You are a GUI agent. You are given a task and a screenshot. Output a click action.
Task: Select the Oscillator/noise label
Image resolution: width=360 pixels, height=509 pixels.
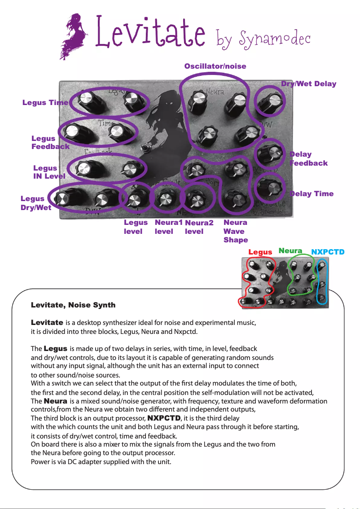click(215, 66)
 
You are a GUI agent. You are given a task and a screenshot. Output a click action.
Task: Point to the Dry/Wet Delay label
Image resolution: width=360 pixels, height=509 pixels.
click(308, 83)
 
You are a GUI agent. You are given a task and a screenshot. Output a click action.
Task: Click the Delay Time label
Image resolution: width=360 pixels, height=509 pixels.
click(312, 193)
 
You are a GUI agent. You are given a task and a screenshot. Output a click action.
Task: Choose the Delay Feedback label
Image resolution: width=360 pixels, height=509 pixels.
click(308, 159)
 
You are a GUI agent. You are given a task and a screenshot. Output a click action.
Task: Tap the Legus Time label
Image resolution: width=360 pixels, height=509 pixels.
click(45, 103)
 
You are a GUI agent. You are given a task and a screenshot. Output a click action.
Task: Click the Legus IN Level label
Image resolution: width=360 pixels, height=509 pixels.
click(49, 172)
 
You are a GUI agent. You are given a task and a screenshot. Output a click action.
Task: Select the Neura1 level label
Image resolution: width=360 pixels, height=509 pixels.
click(168, 227)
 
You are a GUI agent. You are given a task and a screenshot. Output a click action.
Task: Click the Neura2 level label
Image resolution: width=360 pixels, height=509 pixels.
click(198, 227)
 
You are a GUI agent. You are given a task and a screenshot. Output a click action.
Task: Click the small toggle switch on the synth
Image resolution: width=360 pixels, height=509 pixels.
click(145, 149)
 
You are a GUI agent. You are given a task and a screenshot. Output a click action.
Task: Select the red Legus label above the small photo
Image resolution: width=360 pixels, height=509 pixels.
click(260, 252)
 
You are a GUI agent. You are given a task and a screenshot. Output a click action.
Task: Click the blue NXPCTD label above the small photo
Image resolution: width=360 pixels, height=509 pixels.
click(328, 252)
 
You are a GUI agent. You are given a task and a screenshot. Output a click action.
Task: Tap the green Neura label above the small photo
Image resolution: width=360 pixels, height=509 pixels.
click(290, 251)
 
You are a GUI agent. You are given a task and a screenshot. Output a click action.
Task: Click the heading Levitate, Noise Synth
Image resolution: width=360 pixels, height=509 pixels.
click(73, 305)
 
